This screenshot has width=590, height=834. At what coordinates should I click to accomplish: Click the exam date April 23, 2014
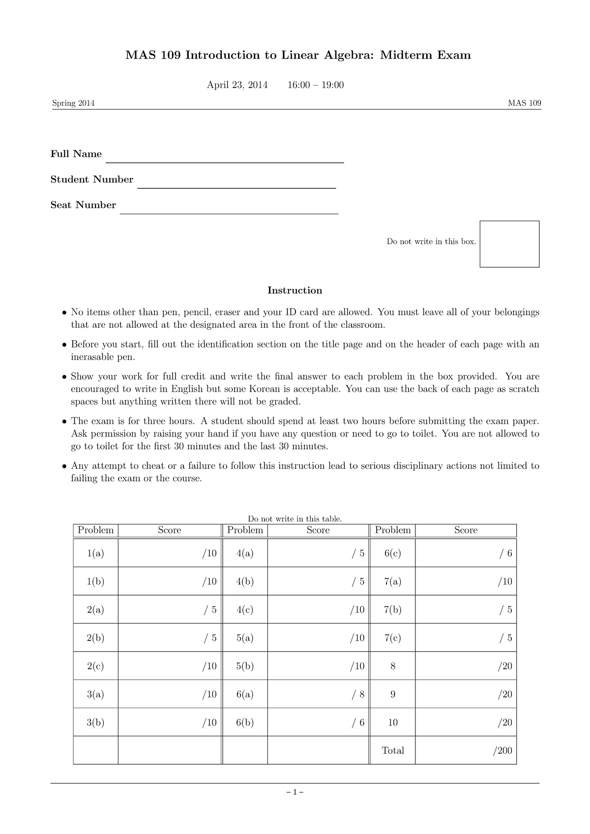tap(237, 85)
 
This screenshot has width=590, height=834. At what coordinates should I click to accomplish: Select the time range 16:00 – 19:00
tap(316, 85)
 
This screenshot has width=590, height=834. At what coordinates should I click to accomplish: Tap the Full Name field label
tap(76, 154)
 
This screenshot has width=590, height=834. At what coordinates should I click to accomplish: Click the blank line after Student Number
tap(236, 184)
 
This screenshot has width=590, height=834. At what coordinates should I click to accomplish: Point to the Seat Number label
tap(83, 205)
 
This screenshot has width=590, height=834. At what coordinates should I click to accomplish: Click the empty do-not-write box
tap(509, 244)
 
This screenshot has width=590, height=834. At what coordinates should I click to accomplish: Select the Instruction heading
tap(295, 290)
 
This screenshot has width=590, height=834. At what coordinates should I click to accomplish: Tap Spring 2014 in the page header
tap(73, 103)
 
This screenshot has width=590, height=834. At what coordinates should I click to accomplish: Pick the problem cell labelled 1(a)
tap(96, 553)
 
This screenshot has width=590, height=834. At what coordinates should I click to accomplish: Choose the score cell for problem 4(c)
tap(318, 610)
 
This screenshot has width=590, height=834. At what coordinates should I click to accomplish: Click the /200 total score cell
tap(466, 750)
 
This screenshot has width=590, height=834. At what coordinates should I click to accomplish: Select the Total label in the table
tap(393, 750)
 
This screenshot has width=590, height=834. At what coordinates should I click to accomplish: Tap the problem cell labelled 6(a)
tap(245, 694)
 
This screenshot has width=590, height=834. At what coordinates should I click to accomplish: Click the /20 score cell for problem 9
tap(466, 694)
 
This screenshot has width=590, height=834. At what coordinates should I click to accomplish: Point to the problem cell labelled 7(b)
tap(393, 610)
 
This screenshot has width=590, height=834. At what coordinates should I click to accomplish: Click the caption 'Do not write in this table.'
tap(295, 518)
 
